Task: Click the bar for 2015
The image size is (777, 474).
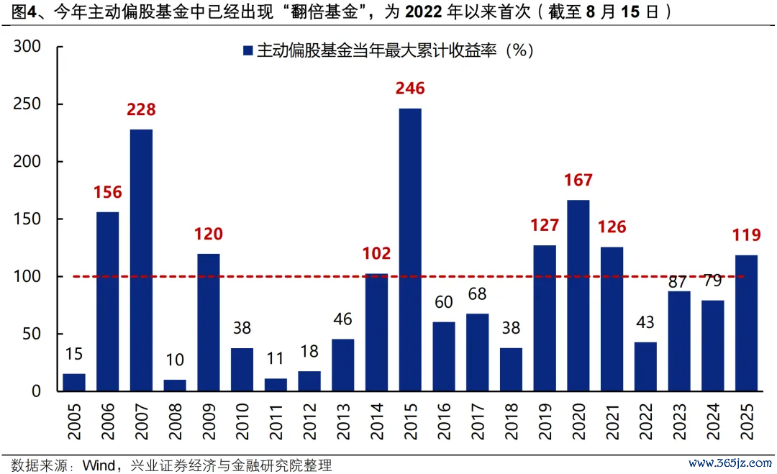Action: [x=410, y=250]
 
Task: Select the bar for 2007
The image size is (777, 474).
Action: [x=141, y=260]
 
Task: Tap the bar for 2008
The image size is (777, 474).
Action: [x=175, y=386]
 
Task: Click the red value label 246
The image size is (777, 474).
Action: [x=410, y=88]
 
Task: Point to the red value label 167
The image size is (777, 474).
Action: [x=578, y=180]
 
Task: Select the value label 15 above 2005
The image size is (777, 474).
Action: [x=74, y=354]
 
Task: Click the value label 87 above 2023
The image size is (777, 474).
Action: [x=679, y=281]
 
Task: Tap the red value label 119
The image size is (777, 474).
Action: [x=746, y=235]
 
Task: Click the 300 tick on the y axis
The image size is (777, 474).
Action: [x=29, y=47]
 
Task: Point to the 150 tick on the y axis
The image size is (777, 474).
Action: [x=29, y=219]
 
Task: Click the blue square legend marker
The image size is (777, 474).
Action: [x=247, y=50]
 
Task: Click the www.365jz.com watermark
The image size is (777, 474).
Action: [x=719, y=464]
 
